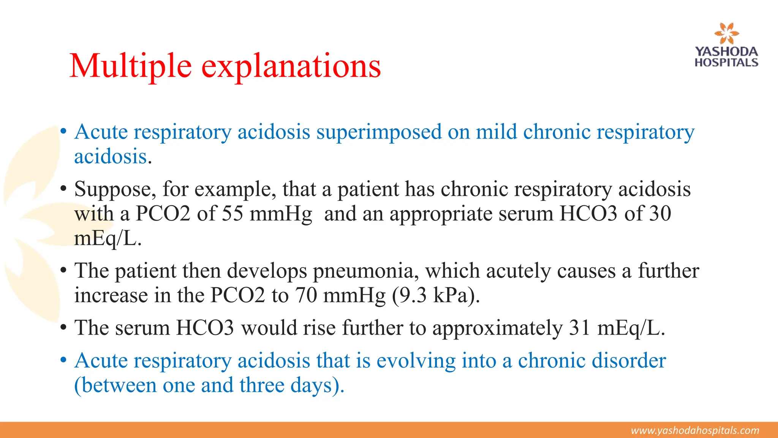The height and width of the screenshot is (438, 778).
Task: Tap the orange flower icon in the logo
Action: [x=726, y=33]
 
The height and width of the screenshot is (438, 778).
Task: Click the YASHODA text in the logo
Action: [x=726, y=52]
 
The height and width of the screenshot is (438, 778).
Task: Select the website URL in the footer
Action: [x=695, y=430]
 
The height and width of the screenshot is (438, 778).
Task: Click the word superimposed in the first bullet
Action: [x=379, y=132]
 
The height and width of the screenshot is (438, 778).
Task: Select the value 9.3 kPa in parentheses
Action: [x=432, y=295]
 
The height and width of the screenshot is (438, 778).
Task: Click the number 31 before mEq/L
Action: [x=580, y=328]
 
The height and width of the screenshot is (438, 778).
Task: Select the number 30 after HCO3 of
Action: [x=660, y=214]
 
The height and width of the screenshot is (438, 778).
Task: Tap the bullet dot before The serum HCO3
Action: [x=64, y=328]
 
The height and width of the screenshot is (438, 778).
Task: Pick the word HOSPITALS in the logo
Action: [x=726, y=63]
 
